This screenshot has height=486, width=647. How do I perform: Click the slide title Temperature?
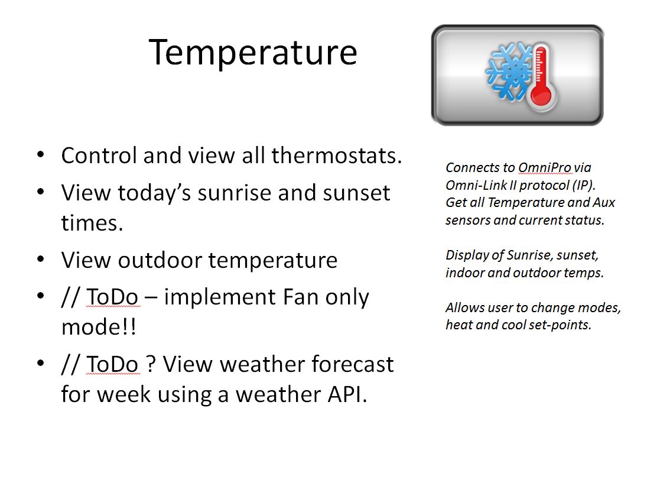click(x=252, y=53)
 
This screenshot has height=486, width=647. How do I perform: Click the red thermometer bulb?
click(x=541, y=95)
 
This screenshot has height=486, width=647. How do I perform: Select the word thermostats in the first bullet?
click(x=336, y=155)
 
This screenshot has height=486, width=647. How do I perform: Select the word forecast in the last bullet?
click(x=352, y=364)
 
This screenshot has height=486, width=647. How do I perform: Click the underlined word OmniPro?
click(x=544, y=167)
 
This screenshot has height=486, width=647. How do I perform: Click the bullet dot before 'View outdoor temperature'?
click(x=40, y=260)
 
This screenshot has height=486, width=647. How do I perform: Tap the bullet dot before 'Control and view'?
click(x=40, y=155)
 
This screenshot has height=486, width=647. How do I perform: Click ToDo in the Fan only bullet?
click(x=112, y=297)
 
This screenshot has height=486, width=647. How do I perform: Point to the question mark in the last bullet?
click(x=151, y=364)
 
